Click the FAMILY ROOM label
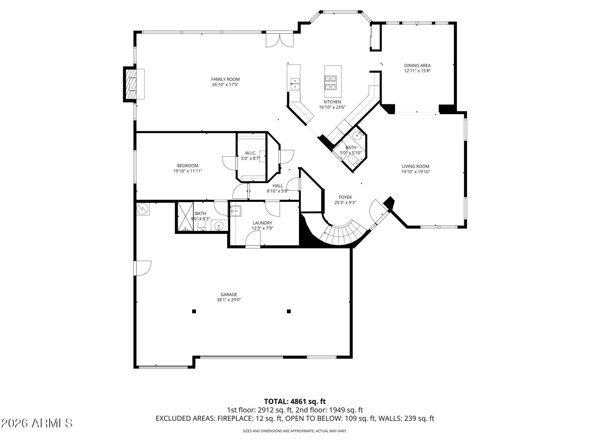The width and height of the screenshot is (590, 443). [225, 79]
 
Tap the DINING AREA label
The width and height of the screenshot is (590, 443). [418, 65]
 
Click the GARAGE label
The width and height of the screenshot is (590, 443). [229, 295]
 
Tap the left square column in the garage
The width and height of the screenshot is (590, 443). [194, 311]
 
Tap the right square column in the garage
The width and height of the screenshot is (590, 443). [289, 311]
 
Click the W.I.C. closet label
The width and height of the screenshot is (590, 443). [251, 153]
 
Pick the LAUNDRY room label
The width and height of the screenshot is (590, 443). [262, 223]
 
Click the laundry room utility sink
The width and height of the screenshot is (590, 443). [236, 210]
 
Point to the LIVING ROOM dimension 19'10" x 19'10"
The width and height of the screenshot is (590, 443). [415, 172]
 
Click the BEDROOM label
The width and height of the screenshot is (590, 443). [188, 165]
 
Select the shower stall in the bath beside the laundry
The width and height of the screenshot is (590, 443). [185, 217]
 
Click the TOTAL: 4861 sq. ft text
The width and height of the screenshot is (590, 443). [295, 401]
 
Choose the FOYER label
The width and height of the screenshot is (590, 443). [345, 197]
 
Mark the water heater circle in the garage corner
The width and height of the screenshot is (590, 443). [142, 209]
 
